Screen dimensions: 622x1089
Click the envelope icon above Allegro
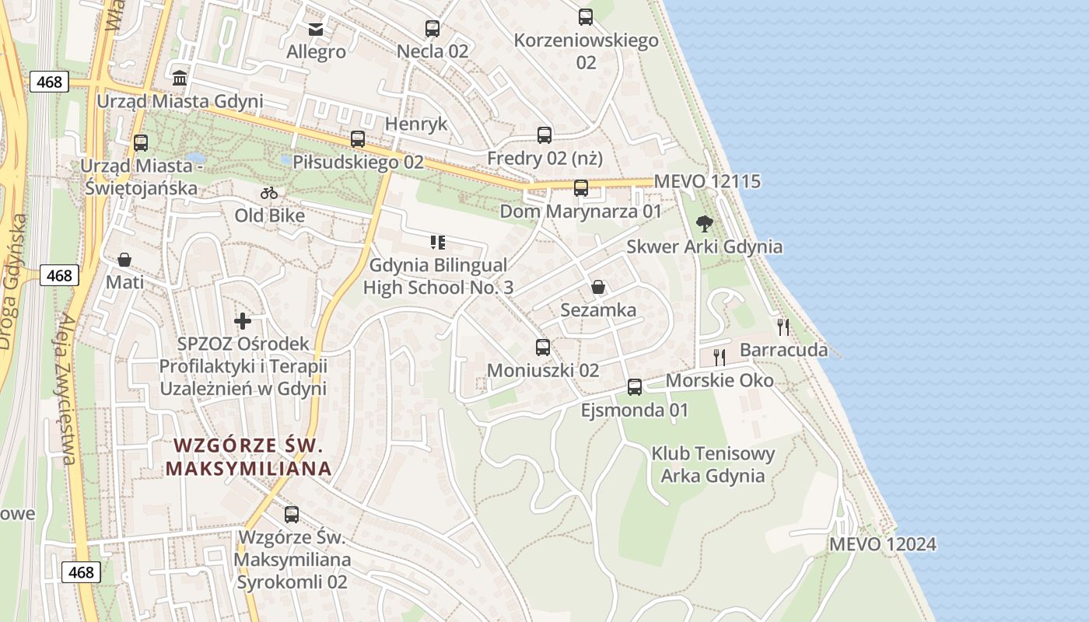pyautogui.click(x=316, y=30)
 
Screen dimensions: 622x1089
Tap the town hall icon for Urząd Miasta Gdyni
pyautogui.click(x=180, y=78)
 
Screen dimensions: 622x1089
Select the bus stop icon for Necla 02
pyautogui.click(x=432, y=29)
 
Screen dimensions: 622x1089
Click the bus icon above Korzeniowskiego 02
pyautogui.click(x=586, y=16)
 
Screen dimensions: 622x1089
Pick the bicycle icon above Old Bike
pyautogui.click(x=269, y=193)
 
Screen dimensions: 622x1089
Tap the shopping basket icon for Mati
pyautogui.click(x=124, y=260)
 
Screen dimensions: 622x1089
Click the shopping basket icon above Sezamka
pyautogui.click(x=598, y=287)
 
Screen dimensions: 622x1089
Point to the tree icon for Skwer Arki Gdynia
pyautogui.click(x=705, y=224)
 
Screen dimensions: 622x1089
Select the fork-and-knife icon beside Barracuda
pyautogui.click(x=783, y=327)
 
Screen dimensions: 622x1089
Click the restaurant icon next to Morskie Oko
pyautogui.click(x=720, y=358)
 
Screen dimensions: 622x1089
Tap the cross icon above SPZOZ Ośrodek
pyautogui.click(x=243, y=320)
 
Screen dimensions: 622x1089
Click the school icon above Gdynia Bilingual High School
pyautogui.click(x=438, y=243)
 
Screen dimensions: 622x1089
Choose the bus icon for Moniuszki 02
pyautogui.click(x=543, y=347)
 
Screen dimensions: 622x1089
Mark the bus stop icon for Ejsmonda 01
pyautogui.click(x=635, y=386)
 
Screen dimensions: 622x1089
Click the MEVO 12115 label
pyautogui.click(x=707, y=181)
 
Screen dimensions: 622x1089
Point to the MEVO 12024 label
pyautogui.click(x=882, y=544)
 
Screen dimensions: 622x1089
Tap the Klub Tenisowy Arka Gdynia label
pyautogui.click(x=713, y=464)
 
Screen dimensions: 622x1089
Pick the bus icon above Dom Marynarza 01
pyautogui.click(x=581, y=187)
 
